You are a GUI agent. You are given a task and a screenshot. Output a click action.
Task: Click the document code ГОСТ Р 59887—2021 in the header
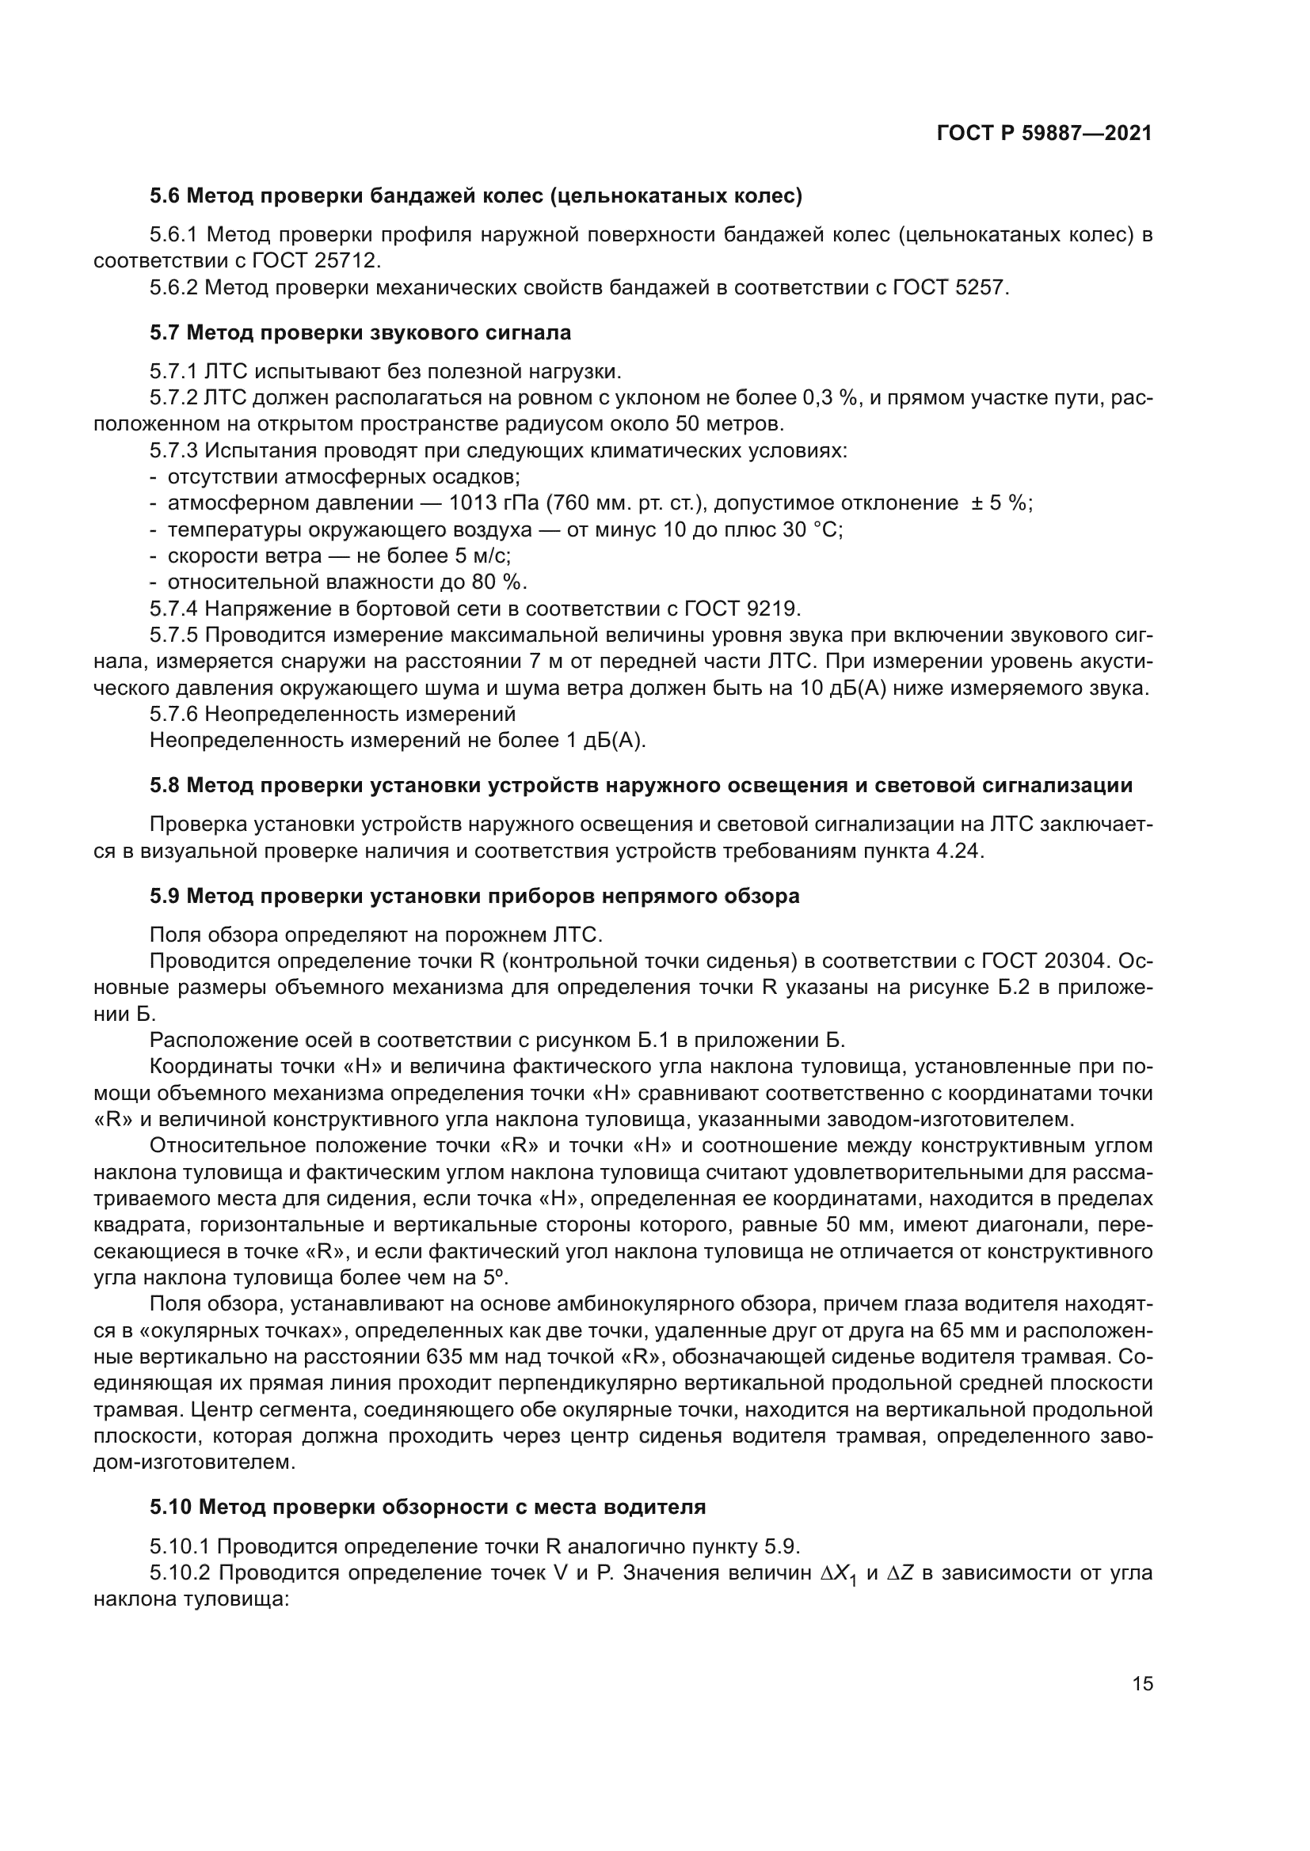(1044, 133)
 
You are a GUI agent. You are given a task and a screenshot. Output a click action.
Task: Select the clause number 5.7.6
(174, 714)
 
